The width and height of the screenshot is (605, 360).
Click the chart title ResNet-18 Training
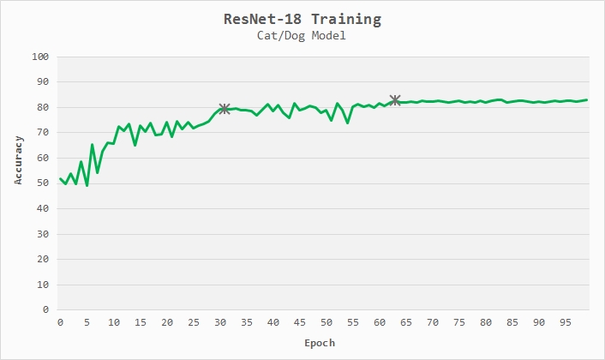click(302, 18)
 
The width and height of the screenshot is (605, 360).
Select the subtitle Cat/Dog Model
click(302, 36)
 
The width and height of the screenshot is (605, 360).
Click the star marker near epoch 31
click(225, 109)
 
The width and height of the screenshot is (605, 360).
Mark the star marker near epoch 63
click(395, 101)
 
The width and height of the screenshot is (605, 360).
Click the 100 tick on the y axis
click(39, 57)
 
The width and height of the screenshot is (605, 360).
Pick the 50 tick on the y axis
click(42, 183)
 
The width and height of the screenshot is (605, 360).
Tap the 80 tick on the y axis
click(42, 107)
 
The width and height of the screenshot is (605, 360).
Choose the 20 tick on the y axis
click(42, 260)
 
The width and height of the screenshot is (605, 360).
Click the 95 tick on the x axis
click(566, 322)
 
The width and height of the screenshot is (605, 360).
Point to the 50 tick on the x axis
click(326, 322)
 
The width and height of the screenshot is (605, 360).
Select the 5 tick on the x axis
click(87, 322)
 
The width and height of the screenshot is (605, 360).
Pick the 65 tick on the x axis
click(406, 322)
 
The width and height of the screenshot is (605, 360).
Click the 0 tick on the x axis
click(60, 322)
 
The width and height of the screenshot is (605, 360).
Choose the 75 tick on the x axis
click(459, 322)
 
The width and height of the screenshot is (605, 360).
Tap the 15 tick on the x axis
click(140, 322)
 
